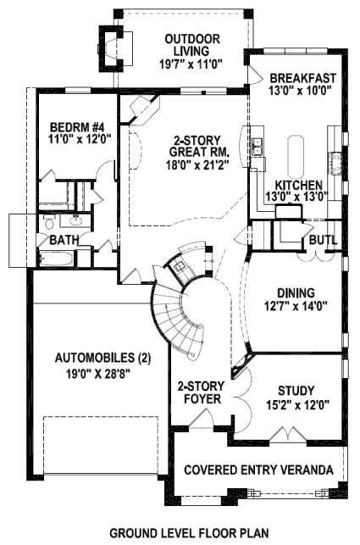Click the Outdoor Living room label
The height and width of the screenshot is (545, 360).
pos(191,45)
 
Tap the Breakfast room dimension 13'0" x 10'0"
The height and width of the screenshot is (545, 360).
pos(299,90)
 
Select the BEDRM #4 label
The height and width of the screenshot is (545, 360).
pos(75,125)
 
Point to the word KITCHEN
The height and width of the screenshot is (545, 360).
pos(298,185)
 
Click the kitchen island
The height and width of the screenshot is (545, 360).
pos(296,157)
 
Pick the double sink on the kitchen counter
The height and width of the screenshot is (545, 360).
pos(258,147)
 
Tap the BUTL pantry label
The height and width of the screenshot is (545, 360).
pos(324,240)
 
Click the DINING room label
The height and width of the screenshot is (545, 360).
pos(296,293)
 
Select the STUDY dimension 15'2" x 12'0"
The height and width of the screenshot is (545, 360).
pos(298,404)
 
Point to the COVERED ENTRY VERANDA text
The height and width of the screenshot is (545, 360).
pos(258,470)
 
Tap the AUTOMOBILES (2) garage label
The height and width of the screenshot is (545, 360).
pos(103,358)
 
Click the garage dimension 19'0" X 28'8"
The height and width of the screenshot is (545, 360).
pos(97,374)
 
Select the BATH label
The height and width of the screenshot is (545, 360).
pos(64,240)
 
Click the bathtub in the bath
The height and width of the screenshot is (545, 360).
pos(56,259)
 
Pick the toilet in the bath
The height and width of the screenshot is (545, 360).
pos(49,222)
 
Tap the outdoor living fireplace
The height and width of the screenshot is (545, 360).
pos(111,48)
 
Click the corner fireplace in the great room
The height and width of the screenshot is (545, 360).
pos(141,109)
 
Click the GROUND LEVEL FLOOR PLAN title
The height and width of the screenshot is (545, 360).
pos(190,532)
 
